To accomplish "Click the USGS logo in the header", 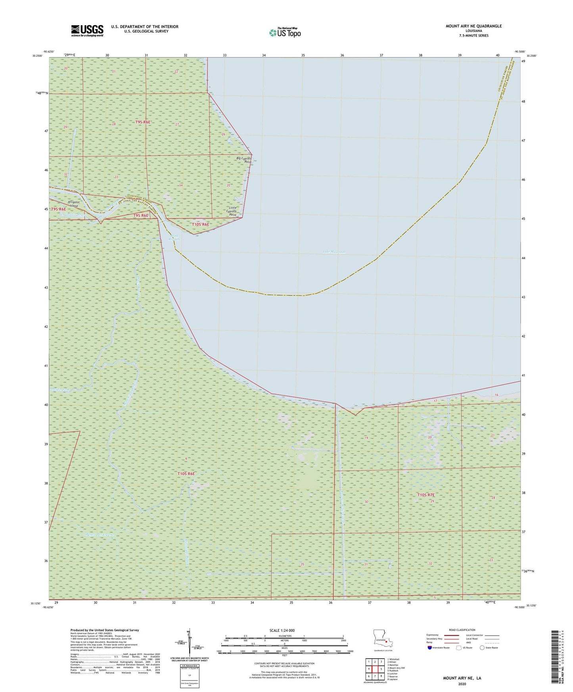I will click(x=87, y=30).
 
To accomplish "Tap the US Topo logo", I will click(x=285, y=32).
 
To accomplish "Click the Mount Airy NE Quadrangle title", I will click(x=473, y=26).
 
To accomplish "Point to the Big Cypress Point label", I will click(x=244, y=160).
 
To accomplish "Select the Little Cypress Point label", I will click(x=231, y=211).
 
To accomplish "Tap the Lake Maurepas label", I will click(x=334, y=252).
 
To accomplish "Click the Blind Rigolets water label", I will click(x=174, y=237).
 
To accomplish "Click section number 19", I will click(x=366, y=438).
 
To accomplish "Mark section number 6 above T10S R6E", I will click(x=186, y=459).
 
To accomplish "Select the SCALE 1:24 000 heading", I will click(x=282, y=631).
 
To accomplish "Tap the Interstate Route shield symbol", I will click(x=430, y=648).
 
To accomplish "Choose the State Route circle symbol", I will click(x=482, y=648).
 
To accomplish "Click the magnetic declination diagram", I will click(x=189, y=642).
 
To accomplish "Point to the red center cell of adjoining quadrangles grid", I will click(x=375, y=669).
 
